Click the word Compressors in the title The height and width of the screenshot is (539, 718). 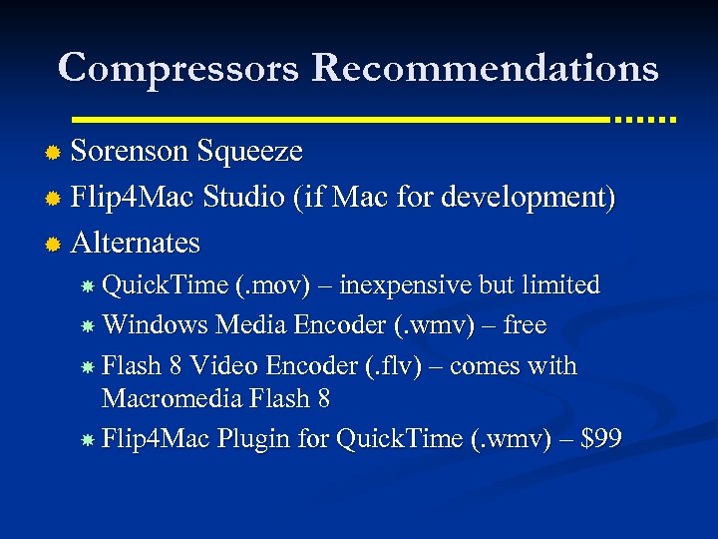[178, 68]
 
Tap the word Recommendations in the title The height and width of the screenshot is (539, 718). [485, 68]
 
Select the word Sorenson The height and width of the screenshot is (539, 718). [130, 152]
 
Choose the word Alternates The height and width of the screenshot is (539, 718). [136, 243]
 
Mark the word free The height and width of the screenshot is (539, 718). [525, 325]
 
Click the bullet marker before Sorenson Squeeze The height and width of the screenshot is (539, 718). [54, 153]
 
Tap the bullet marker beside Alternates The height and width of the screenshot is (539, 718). [54, 244]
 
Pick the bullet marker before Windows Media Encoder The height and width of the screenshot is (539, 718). [88, 326]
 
